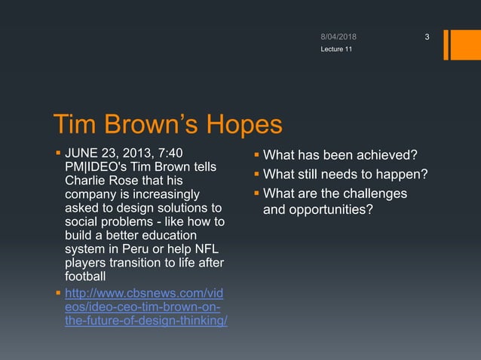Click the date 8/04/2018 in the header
339,37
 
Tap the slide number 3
426,38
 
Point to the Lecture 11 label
335,49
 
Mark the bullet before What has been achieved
256,156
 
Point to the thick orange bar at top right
456,44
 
